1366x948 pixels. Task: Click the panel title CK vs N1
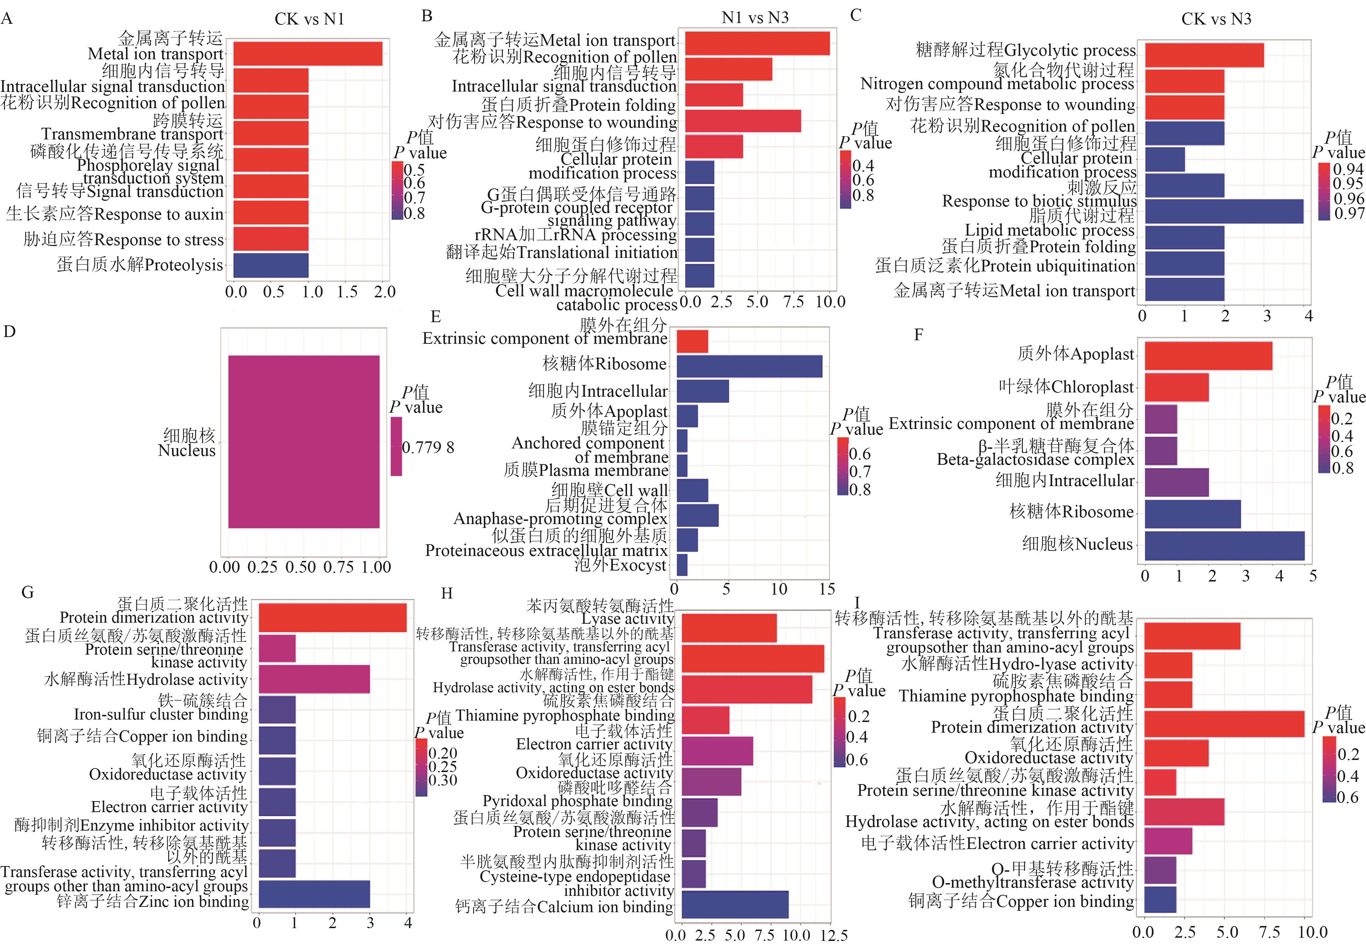tap(309, 19)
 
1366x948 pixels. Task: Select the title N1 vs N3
tap(755, 18)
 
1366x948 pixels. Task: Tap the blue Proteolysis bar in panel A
tap(271, 265)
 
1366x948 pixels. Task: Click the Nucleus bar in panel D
tap(303, 441)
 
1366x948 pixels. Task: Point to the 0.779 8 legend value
tap(428, 447)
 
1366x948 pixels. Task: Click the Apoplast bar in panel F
tap(1208, 356)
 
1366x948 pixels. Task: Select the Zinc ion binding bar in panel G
tap(314, 894)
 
